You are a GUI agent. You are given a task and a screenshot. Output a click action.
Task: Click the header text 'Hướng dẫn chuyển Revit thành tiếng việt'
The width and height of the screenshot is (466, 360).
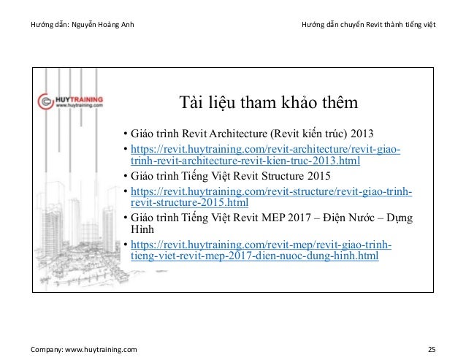[x=369, y=27]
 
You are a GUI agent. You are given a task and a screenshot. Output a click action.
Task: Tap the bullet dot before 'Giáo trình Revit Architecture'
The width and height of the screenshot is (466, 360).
[x=126, y=135]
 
